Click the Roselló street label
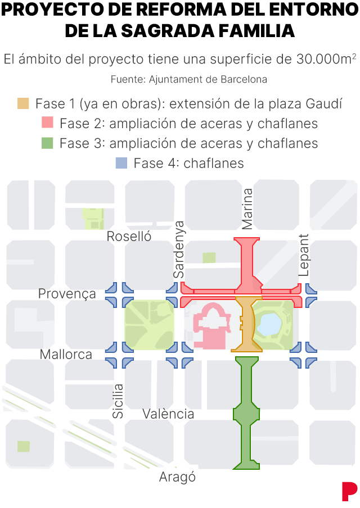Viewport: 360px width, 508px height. [129, 237]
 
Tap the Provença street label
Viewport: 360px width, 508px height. [67, 294]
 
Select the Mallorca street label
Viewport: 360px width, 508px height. [66, 355]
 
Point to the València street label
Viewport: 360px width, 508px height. [168, 414]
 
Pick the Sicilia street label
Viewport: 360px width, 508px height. [118, 401]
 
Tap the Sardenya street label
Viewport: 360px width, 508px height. [179, 249]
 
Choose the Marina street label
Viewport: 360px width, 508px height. [247, 208]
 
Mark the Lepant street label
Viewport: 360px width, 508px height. [304, 255]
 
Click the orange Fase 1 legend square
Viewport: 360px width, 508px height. [23, 103]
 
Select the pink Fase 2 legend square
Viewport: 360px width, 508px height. [47, 123]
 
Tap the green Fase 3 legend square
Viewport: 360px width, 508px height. [47, 143]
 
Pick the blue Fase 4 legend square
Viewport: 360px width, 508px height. [121, 163]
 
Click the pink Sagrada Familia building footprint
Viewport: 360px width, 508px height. [211, 326]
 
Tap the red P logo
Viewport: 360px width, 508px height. [349, 491]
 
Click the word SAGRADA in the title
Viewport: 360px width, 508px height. [169, 31]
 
